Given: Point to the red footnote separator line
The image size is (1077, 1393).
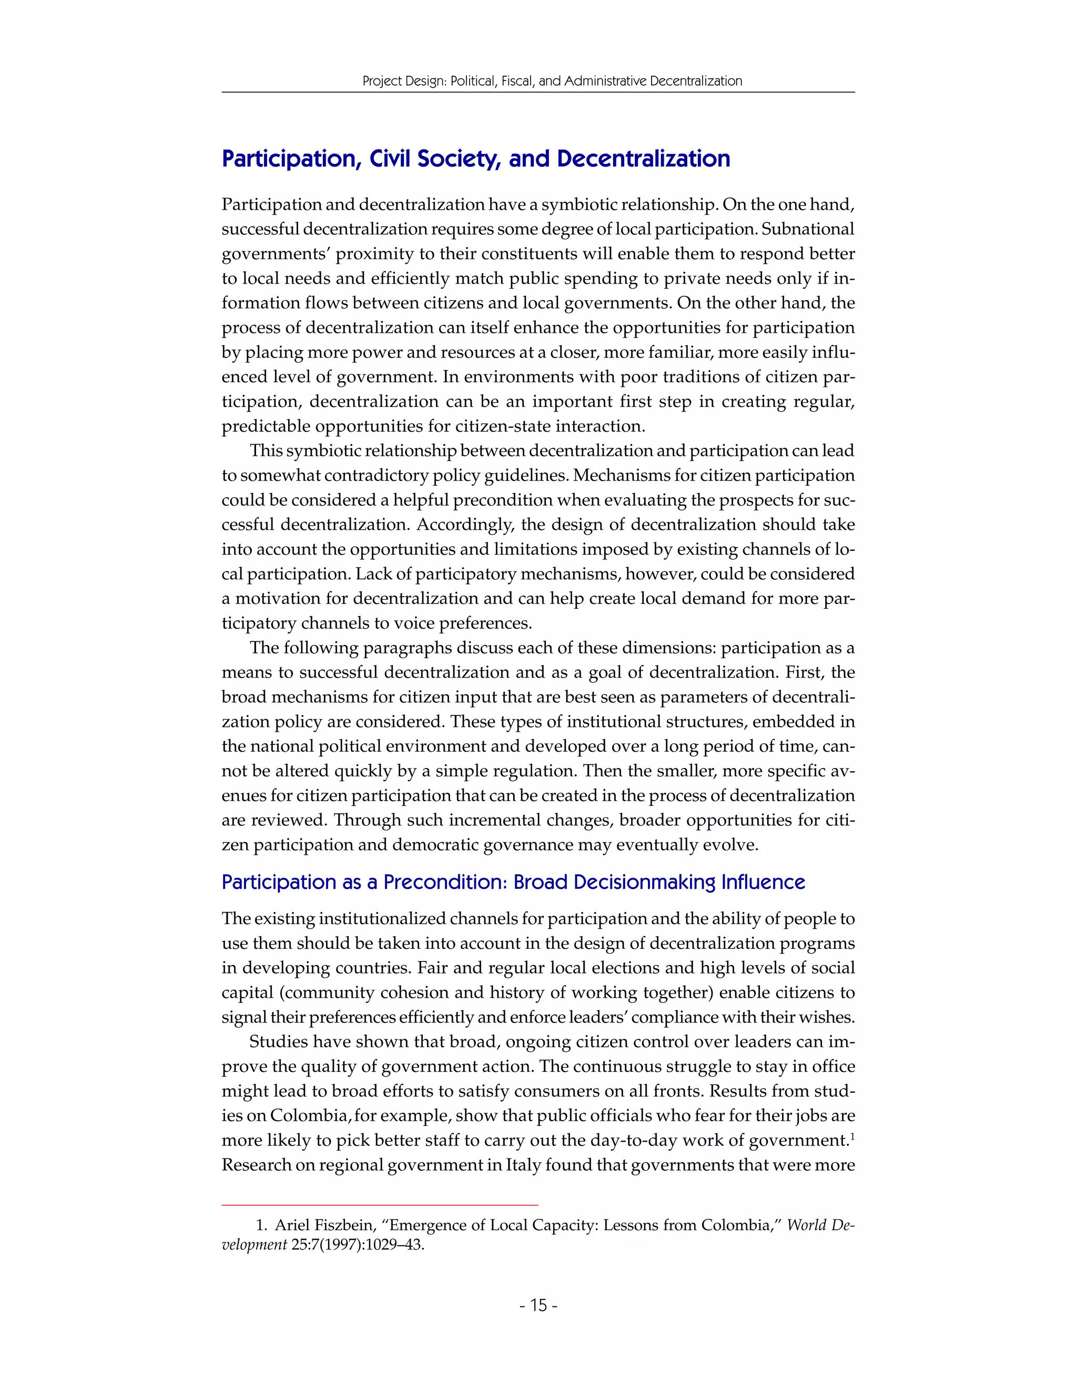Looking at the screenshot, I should [x=380, y=1205].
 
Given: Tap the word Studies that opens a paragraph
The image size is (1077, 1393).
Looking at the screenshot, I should [x=278, y=1041].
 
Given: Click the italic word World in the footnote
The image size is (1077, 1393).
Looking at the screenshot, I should [x=807, y=1225].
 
